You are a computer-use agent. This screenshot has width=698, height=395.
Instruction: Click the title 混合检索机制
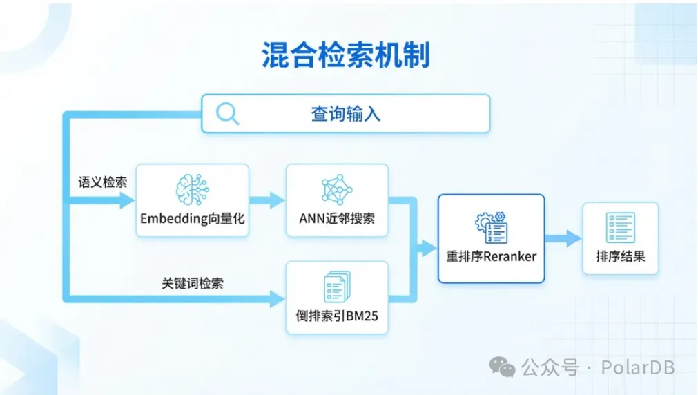point(346,55)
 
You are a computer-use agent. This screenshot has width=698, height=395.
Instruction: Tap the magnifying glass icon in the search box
point(227,113)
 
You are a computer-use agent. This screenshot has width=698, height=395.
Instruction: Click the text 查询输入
point(345,114)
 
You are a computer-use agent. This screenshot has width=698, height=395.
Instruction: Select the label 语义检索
point(103,182)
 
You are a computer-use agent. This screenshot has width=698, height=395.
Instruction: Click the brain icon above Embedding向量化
point(193,190)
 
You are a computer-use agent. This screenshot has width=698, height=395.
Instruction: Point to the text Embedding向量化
point(193,219)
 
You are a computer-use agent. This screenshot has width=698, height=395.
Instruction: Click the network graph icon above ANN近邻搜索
point(337,190)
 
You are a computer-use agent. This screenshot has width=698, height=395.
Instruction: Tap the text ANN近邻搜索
point(337,219)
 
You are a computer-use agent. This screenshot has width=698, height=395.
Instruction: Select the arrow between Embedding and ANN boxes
point(267,200)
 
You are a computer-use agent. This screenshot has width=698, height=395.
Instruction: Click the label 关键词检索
point(193,283)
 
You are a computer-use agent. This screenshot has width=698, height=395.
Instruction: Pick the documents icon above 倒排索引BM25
point(337,287)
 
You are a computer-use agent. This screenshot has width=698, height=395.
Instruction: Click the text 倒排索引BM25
point(337,316)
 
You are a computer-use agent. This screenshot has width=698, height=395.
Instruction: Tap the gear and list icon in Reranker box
point(492,228)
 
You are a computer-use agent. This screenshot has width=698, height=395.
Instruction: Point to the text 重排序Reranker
point(492,256)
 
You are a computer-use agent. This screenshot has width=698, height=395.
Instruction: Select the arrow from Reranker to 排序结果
point(563,238)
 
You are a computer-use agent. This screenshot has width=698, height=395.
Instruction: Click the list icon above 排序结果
point(621,228)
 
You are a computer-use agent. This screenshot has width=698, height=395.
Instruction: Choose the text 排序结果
point(621,256)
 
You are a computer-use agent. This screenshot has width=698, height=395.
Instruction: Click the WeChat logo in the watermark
point(502,367)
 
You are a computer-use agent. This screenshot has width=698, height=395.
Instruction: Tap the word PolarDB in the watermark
point(638,368)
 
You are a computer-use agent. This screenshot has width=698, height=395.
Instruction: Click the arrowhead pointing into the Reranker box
point(429,248)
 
